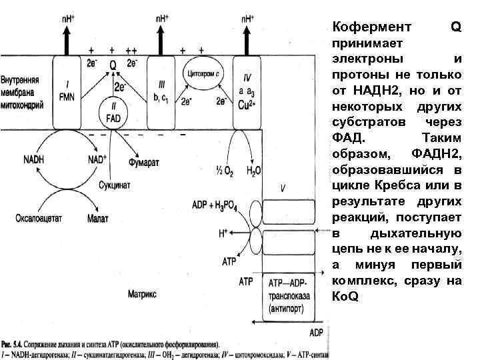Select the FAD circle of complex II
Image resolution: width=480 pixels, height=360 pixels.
click(x=113, y=113)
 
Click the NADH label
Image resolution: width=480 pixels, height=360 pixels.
click(x=33, y=161)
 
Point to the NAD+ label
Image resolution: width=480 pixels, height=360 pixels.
click(x=97, y=161)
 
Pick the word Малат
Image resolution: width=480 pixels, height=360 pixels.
click(x=97, y=218)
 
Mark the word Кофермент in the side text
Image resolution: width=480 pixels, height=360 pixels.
click(x=365, y=27)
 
